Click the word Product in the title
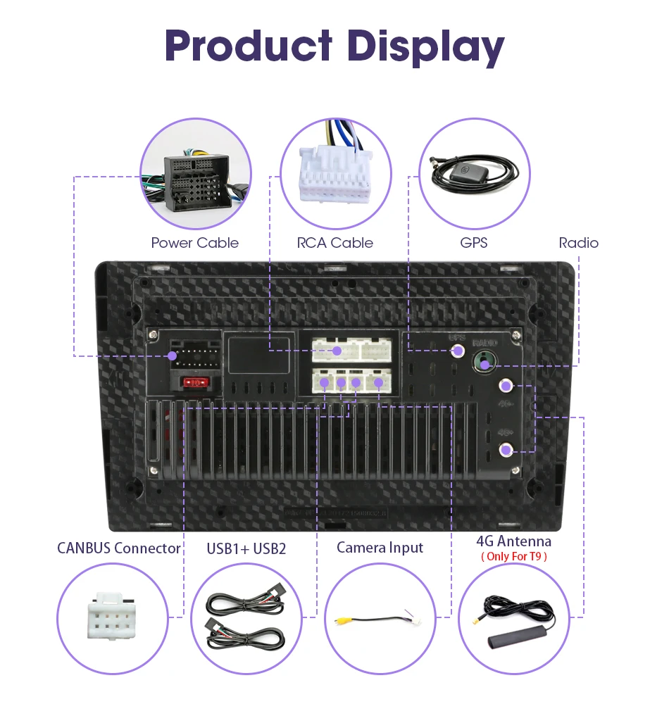(x=248, y=46)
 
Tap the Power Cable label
(x=195, y=243)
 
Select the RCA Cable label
(x=334, y=243)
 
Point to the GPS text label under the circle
(x=473, y=243)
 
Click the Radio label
(x=578, y=243)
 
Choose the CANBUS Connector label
(x=119, y=548)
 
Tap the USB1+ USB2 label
(x=246, y=548)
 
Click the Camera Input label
(x=380, y=547)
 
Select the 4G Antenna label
(x=513, y=541)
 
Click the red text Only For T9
(x=513, y=556)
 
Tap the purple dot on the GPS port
(x=458, y=350)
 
